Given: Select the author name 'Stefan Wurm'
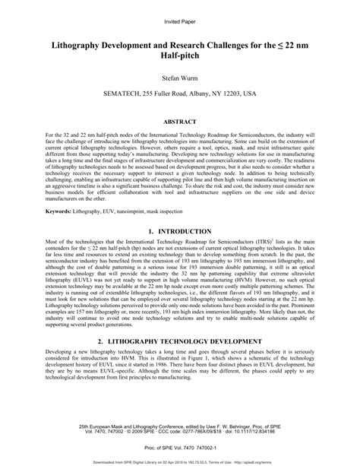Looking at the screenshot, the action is point(180,78).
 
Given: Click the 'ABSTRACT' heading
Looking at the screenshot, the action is point(180,121).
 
